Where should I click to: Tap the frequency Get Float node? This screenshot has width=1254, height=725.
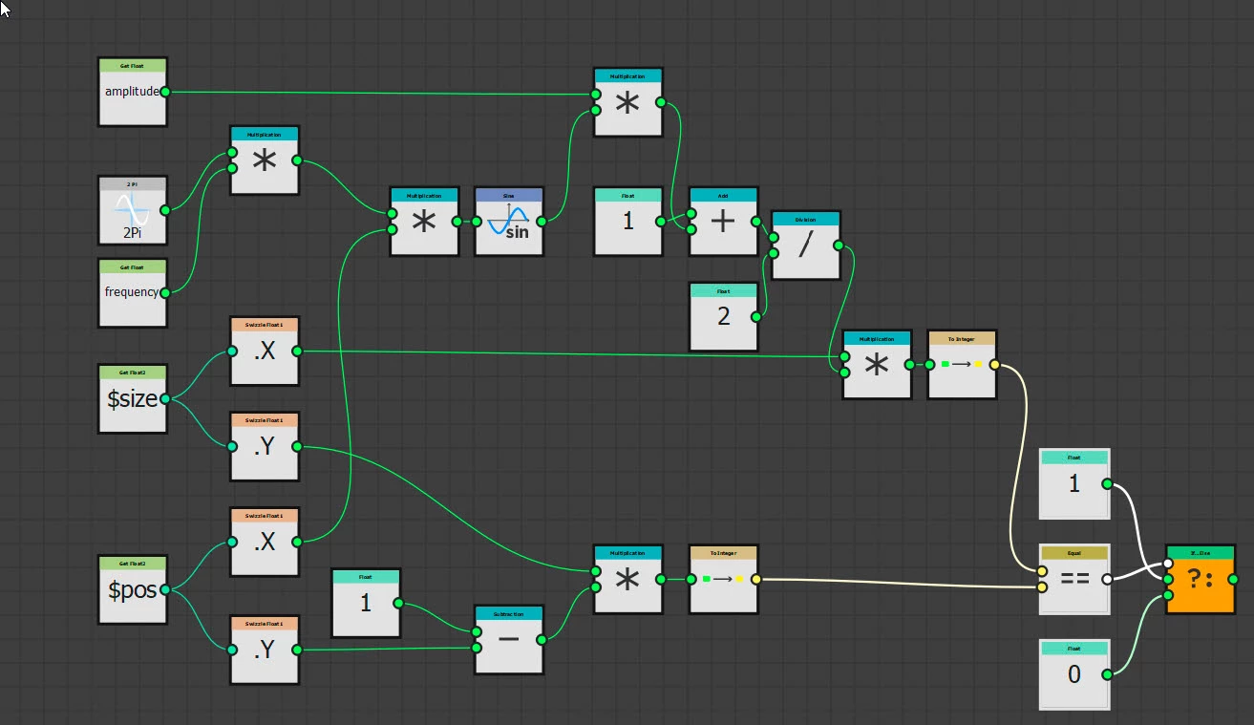coord(132,292)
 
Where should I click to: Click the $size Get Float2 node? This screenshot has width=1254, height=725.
coord(132,398)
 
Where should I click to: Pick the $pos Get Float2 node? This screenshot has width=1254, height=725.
coord(132,589)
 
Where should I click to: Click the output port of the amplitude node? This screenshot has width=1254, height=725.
coord(165,92)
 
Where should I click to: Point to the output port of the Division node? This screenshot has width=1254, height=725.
coord(838,245)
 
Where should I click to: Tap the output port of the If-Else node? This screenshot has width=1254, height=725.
coord(1233,579)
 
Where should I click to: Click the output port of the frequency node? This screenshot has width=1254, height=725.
coord(165,292)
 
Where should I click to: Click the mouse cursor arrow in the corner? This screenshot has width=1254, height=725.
coord(6,8)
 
